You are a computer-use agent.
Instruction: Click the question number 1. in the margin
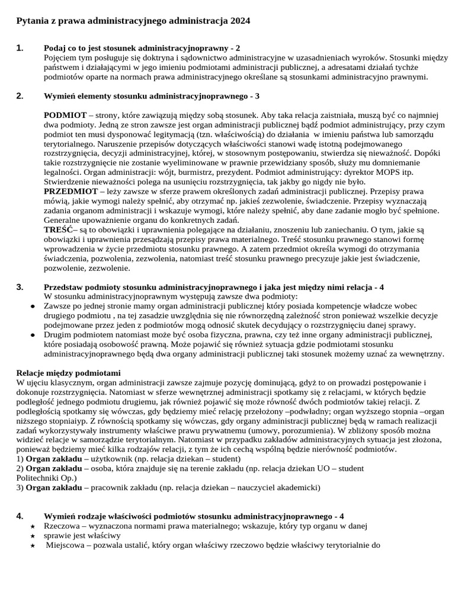pos(20,48)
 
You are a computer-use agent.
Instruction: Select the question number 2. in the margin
pos(20,95)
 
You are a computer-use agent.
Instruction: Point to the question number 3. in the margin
pos(20,287)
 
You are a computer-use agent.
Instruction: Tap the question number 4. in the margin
pos(20,516)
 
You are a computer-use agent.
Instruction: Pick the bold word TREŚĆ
pos(58,229)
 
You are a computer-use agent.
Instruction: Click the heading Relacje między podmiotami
pos(68,373)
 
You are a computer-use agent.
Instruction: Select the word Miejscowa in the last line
pos(65,545)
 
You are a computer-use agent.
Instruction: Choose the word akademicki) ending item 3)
pos(297,488)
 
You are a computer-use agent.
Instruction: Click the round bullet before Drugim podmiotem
pos(32,335)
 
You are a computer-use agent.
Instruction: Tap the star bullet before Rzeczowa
pos(32,526)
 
